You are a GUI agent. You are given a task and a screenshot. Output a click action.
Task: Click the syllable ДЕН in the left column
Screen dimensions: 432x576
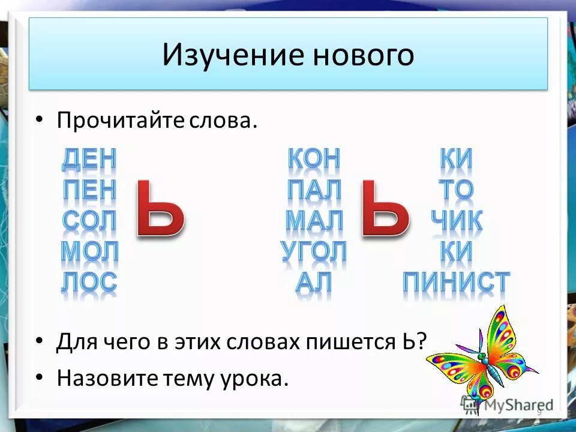[x=89, y=159]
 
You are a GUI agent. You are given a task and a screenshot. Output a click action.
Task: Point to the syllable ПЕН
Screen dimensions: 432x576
[x=89, y=190]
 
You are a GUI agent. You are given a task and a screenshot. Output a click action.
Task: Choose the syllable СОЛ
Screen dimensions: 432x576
[x=89, y=221]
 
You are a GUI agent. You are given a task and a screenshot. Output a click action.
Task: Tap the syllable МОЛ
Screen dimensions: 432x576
[x=89, y=252]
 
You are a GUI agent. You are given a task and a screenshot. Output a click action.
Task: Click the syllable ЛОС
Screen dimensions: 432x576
[x=89, y=283]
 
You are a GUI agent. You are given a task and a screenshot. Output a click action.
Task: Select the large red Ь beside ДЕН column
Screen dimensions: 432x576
[x=159, y=210]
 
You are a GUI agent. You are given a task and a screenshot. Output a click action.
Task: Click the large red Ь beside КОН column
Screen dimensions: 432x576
[x=384, y=210]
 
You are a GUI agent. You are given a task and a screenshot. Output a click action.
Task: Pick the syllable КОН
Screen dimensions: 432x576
[x=314, y=159]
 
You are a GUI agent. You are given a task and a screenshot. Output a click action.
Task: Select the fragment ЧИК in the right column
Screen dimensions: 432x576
[x=457, y=221]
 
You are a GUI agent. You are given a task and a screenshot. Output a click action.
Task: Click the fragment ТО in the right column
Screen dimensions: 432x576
[x=457, y=190]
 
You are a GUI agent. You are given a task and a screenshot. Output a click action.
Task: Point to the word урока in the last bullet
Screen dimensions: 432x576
[x=254, y=378]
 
